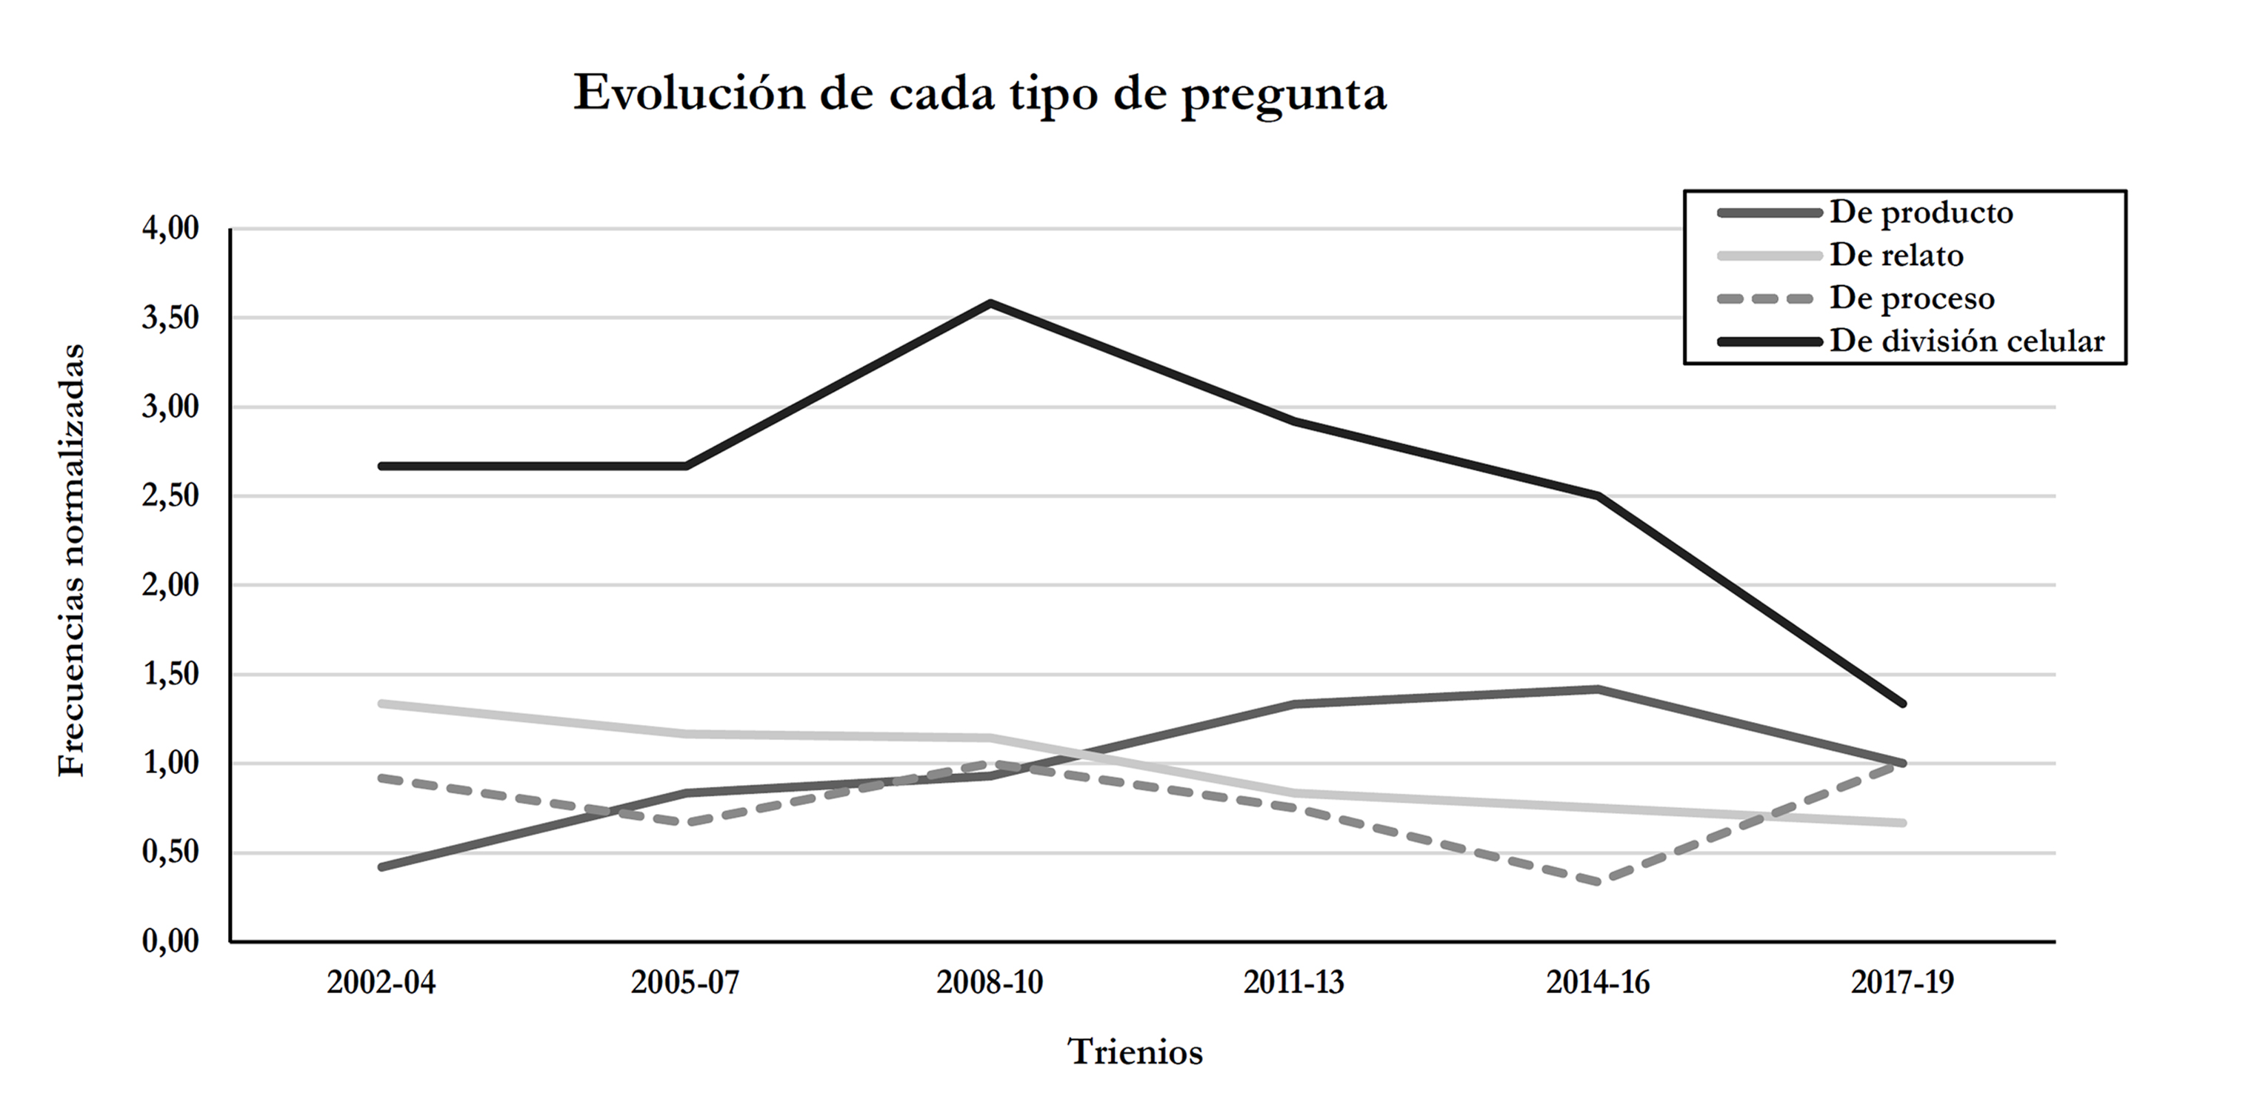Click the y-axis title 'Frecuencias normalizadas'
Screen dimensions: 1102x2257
72,560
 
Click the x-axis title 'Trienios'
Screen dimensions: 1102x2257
1135,1051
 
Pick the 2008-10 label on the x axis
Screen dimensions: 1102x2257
990,983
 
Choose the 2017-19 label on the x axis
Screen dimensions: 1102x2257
1902,983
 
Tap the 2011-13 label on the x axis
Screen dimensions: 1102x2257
1293,983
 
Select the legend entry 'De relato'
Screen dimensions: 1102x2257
1895,256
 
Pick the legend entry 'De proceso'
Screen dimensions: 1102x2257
1911,298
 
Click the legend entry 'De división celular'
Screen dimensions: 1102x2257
1966,341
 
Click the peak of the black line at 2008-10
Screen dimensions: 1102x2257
990,303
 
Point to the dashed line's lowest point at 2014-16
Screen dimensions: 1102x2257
1598,882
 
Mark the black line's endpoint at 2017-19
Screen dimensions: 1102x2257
1902,704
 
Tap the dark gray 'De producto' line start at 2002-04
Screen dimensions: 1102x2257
382,867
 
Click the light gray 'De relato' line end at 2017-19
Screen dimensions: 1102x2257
1902,823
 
